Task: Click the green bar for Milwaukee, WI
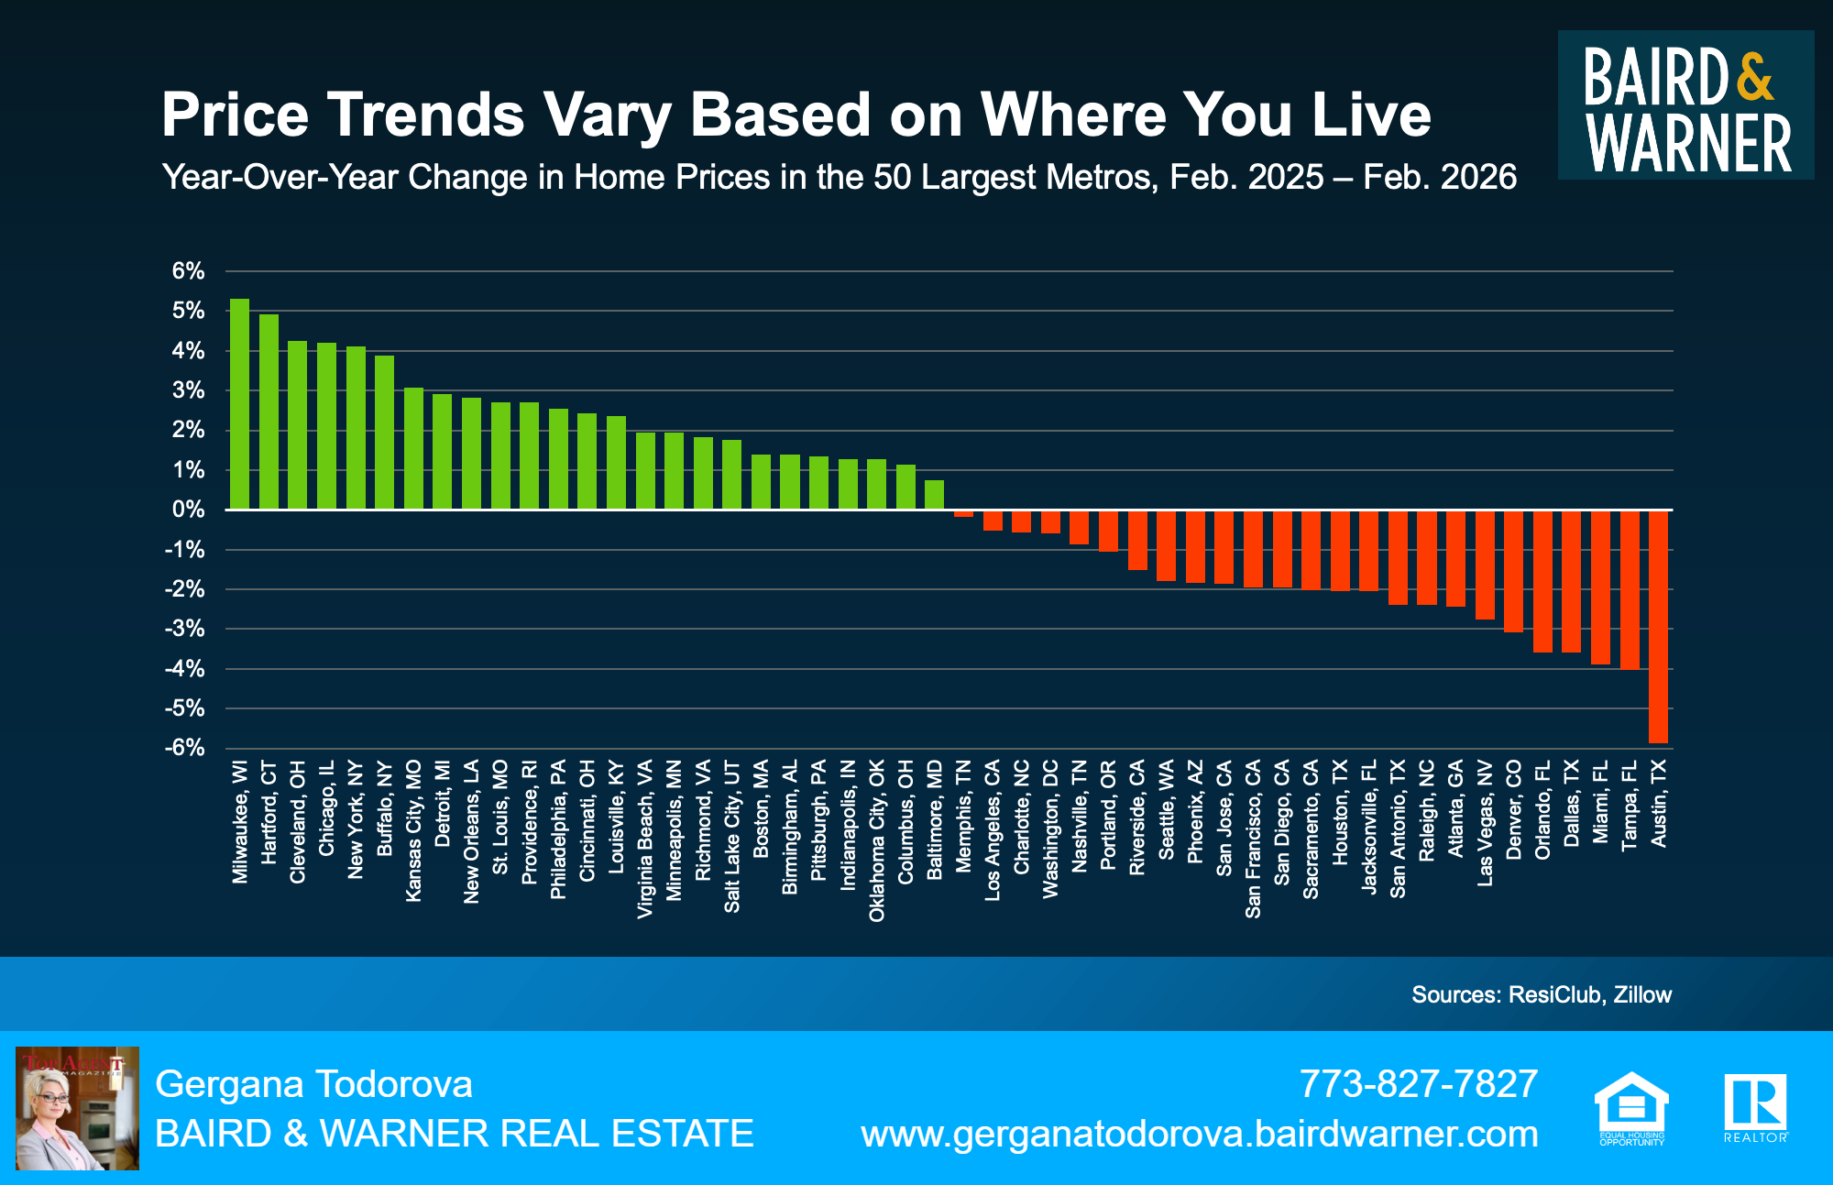pyautogui.click(x=239, y=404)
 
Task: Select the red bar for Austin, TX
pyautogui.click(x=1658, y=626)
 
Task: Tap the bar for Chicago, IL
pyautogui.click(x=326, y=426)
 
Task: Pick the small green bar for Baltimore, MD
pyautogui.click(x=934, y=495)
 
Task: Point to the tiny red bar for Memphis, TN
pyautogui.click(x=963, y=513)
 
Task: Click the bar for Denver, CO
pyautogui.click(x=1513, y=571)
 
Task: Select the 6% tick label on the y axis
pyautogui.click(x=188, y=271)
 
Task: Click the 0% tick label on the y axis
pyautogui.click(x=188, y=510)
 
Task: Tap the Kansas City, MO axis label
pyautogui.click(x=413, y=830)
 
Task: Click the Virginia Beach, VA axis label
pyautogui.click(x=645, y=839)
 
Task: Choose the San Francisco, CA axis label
pyautogui.click(x=1253, y=839)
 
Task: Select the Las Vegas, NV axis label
pyautogui.click(x=1485, y=823)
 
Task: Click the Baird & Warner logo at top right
pyautogui.click(x=1685, y=105)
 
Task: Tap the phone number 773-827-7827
pyautogui.click(x=1418, y=1084)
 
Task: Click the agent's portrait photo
pyautogui.click(x=78, y=1108)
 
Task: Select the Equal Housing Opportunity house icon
pyautogui.click(x=1631, y=1104)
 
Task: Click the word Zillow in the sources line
pyautogui.click(x=1642, y=994)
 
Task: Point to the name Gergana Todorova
pyautogui.click(x=313, y=1084)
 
